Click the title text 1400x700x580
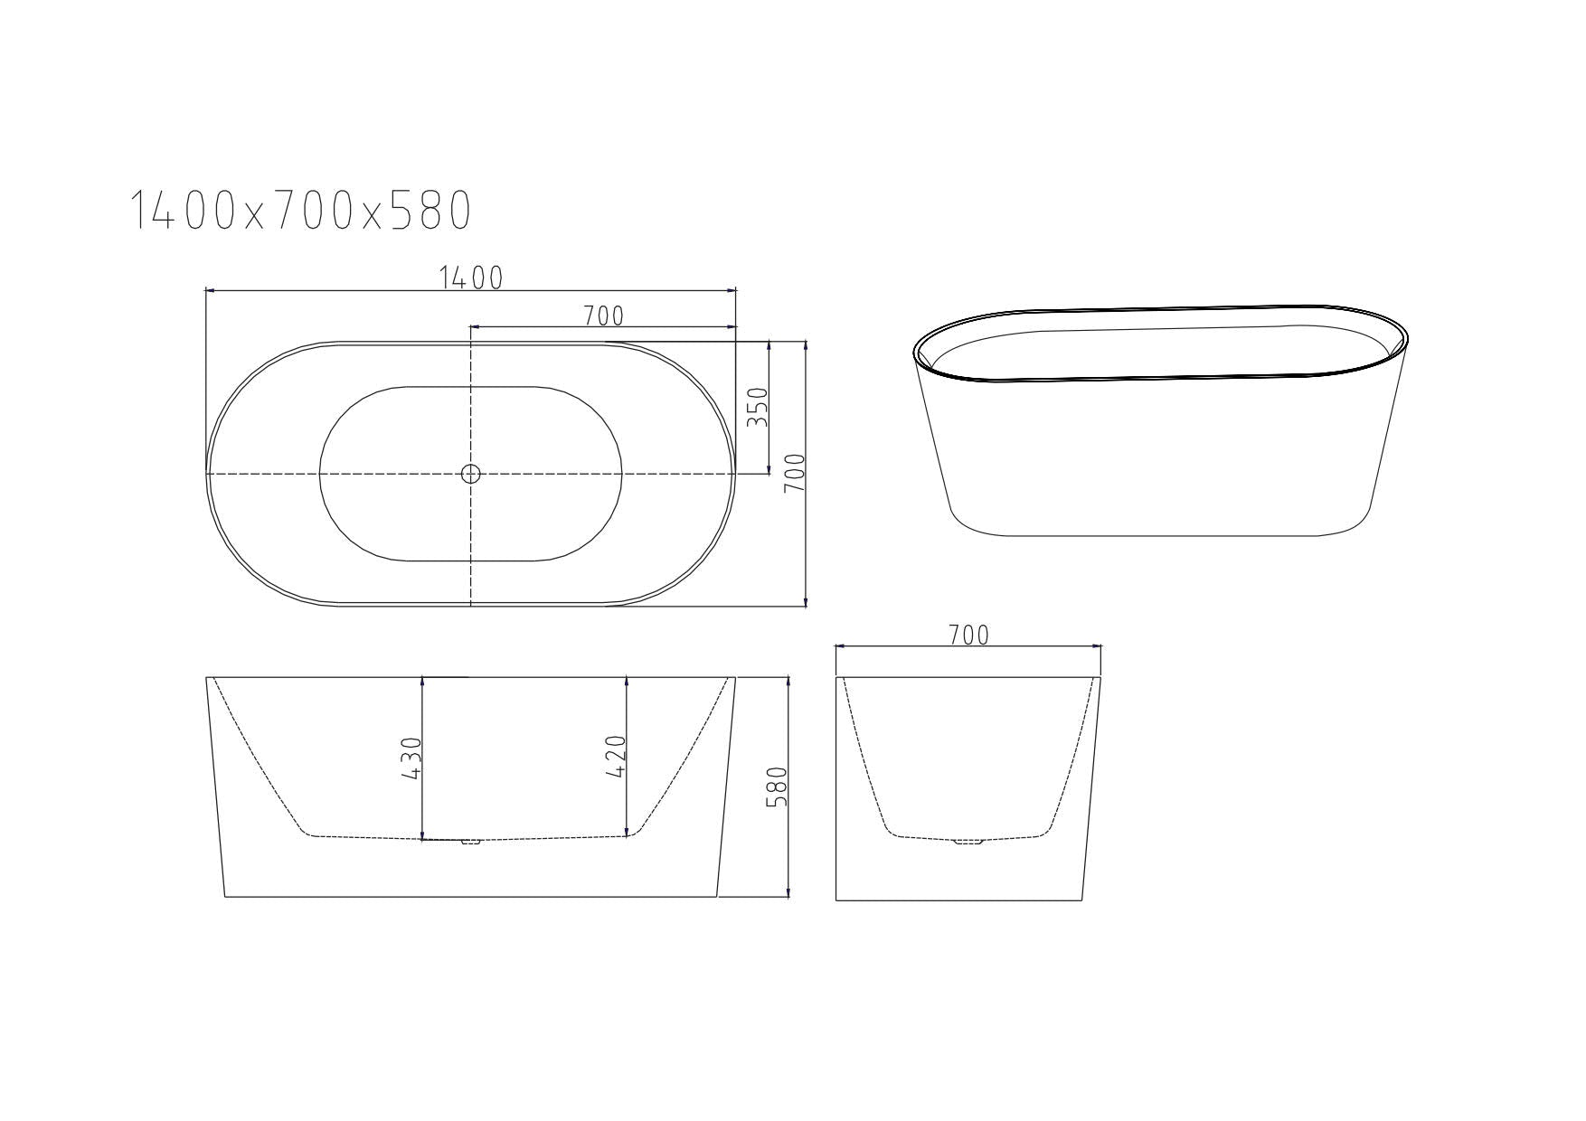(301, 211)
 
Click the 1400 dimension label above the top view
(470, 278)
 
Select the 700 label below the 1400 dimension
(603, 316)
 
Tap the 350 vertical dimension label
(758, 407)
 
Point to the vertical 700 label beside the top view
(794, 473)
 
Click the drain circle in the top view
(470, 473)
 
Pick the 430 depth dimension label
(411, 758)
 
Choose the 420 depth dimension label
(615, 758)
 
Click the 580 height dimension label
(778, 787)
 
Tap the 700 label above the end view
(968, 636)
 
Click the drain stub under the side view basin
(470, 843)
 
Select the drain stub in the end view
(968, 842)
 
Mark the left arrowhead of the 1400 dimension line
(210, 290)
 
